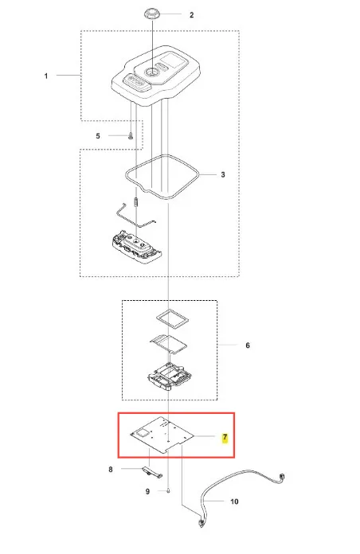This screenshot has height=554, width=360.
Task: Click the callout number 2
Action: [192, 15]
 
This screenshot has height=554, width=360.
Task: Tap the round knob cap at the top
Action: [152, 14]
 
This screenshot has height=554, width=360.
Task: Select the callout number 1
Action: [46, 76]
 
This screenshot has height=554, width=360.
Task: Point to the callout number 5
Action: [98, 135]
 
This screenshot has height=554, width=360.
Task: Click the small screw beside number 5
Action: [130, 135]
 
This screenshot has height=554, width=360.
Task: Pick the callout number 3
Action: [223, 174]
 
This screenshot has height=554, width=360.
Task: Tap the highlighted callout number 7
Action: [225, 438]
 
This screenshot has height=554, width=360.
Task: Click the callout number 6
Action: [248, 345]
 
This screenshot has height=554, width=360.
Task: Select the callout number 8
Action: [111, 469]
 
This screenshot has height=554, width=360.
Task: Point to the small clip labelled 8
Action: [152, 472]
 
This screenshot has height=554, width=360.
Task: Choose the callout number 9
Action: [148, 491]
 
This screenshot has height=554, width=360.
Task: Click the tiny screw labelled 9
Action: [168, 490]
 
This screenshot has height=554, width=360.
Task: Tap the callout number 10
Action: [234, 501]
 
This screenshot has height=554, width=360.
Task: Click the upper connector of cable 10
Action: [282, 477]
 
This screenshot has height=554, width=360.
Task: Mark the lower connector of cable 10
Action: [202, 523]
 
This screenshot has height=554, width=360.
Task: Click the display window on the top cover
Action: [174, 62]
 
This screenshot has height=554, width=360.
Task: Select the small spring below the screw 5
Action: [136, 202]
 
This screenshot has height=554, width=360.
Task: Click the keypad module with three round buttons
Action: [136, 246]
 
